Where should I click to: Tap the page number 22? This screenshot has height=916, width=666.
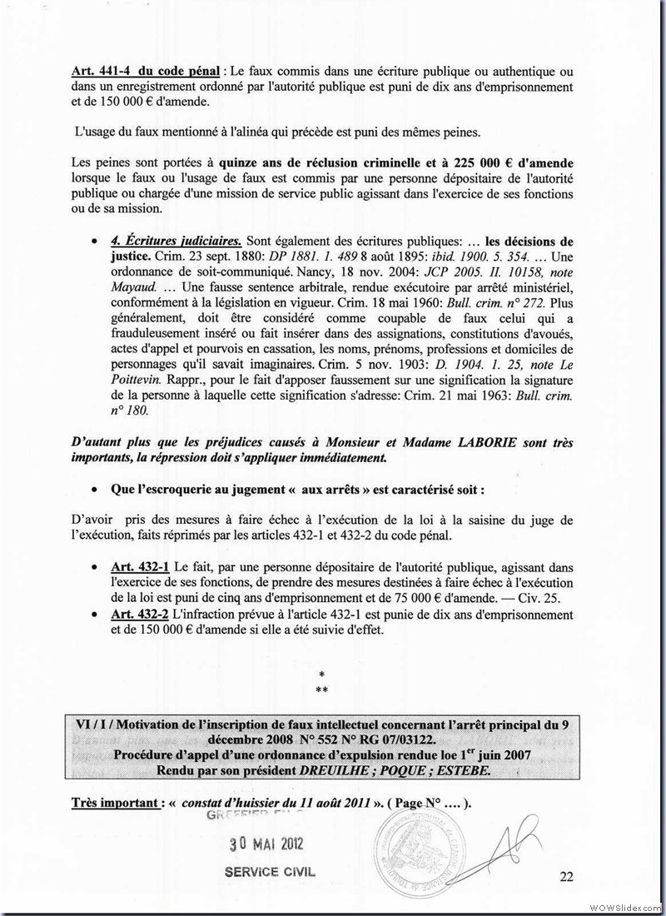pyautogui.click(x=567, y=875)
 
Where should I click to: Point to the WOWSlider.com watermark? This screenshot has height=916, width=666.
pyautogui.click(x=624, y=906)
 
